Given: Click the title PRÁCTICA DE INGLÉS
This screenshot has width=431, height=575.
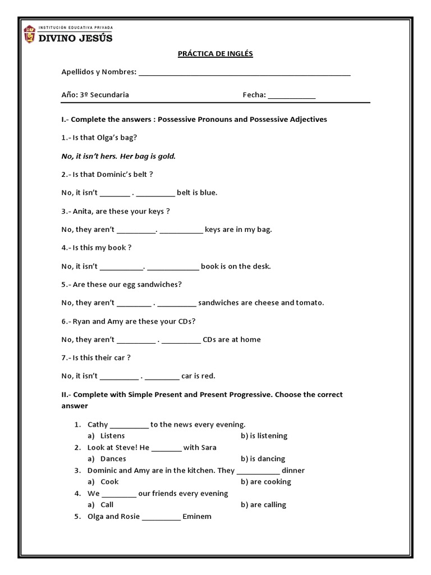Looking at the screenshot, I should [215, 54].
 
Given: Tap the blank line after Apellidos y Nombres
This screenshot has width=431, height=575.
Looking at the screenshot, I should [244, 73].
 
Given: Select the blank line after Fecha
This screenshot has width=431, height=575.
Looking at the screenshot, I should [292, 96].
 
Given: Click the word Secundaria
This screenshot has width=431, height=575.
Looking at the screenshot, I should [110, 95].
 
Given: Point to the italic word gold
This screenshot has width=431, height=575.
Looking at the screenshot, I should [167, 156].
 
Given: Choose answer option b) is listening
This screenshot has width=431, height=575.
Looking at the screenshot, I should [264, 436].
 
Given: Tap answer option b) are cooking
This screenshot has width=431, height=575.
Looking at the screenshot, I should [266, 482].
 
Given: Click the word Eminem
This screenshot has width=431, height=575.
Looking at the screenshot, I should [197, 517].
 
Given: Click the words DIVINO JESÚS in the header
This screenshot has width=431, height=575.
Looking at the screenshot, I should [75, 38].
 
